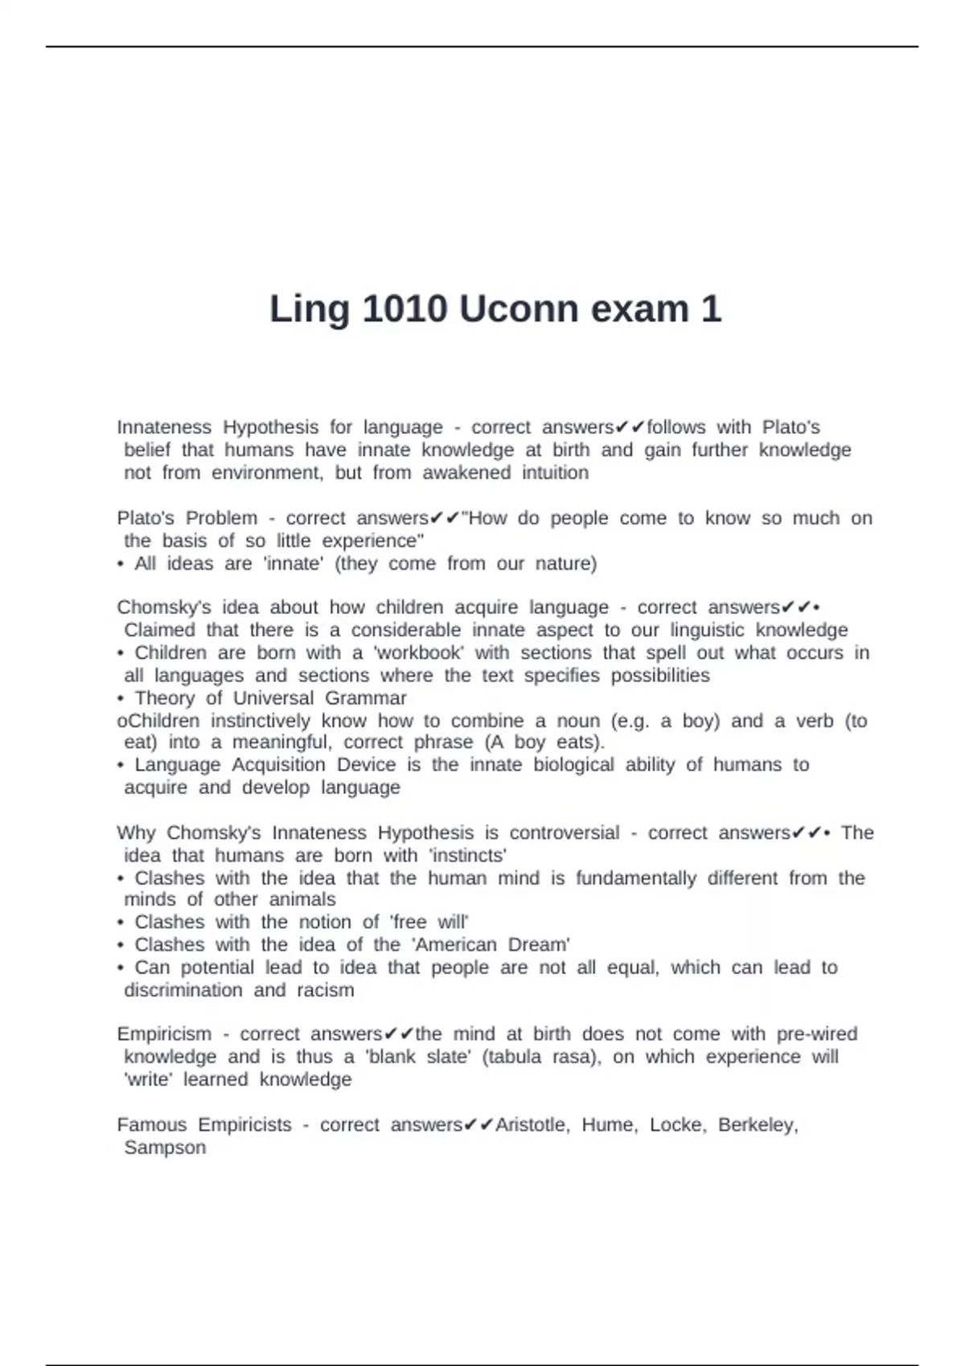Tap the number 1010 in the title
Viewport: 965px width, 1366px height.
click(404, 309)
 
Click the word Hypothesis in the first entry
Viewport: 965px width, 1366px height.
click(270, 427)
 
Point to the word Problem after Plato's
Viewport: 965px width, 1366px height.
click(221, 518)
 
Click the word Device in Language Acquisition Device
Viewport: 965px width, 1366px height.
click(366, 764)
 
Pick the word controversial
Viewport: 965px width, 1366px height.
click(565, 832)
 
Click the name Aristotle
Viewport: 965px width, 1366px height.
click(531, 1125)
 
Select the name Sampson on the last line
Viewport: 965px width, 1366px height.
click(165, 1147)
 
